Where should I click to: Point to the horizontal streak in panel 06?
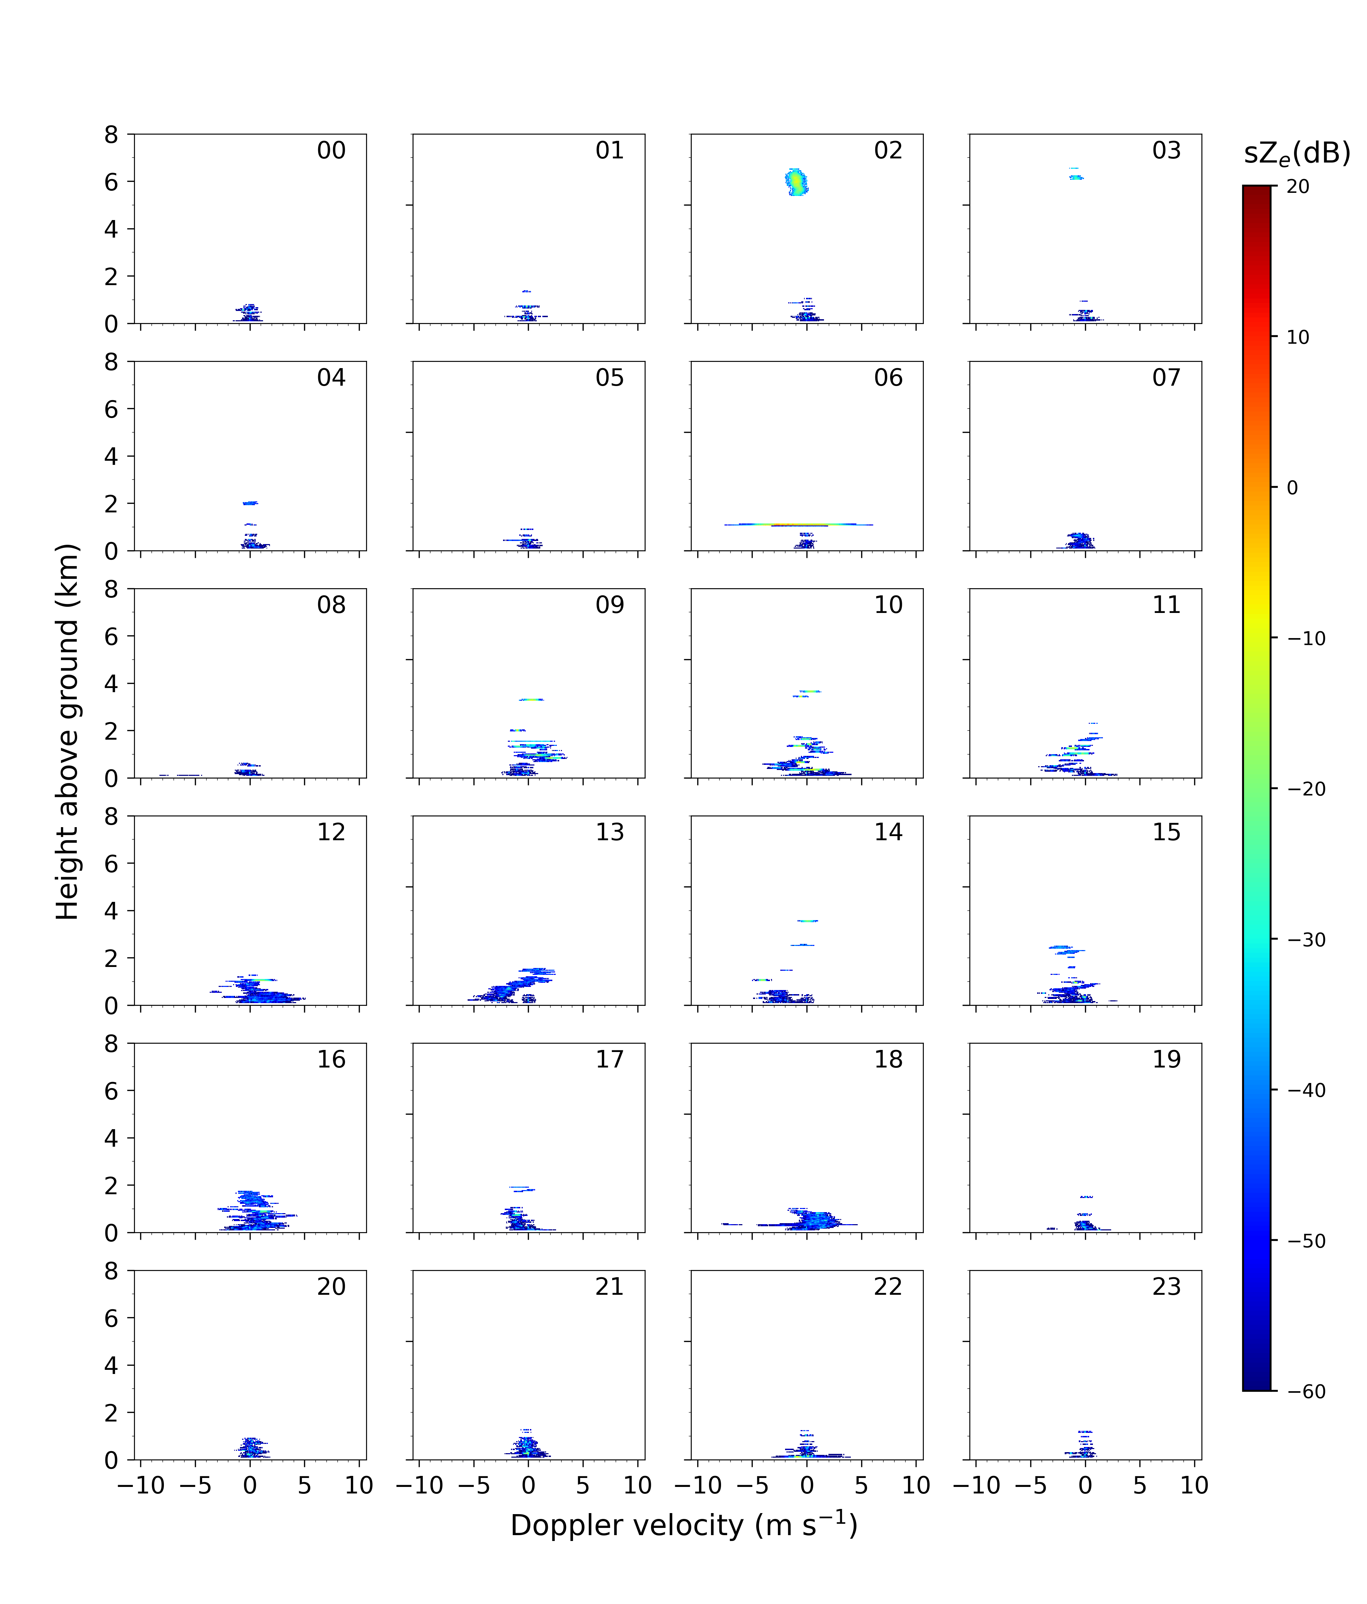tap(798, 525)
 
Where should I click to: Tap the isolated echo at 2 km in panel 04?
tap(249, 503)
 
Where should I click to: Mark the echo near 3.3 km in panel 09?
tap(531, 700)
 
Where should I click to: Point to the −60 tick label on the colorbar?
tap(1307, 1392)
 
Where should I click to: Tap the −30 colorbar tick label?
tap(1307, 940)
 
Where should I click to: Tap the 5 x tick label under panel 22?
tap(862, 1486)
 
